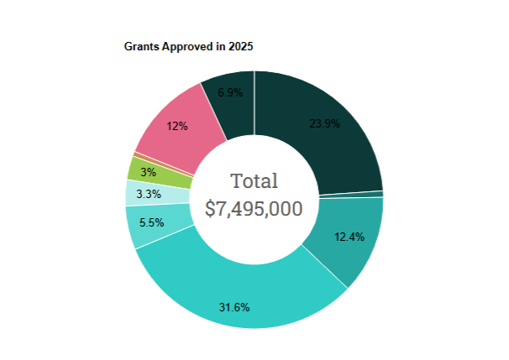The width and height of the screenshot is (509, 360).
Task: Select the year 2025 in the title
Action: [x=239, y=47]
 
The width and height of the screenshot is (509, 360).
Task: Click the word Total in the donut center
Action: [x=254, y=180]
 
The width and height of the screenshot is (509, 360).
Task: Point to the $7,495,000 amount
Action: [x=254, y=208]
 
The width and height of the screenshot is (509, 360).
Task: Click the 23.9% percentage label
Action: [x=325, y=123]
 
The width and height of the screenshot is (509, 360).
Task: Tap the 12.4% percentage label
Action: [x=349, y=237]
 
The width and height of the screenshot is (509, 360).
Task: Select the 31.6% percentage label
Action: [x=234, y=307]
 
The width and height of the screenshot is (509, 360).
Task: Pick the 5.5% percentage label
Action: [x=152, y=222]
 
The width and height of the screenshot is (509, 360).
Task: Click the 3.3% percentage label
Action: [x=150, y=194]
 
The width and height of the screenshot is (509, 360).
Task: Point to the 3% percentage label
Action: [x=147, y=172]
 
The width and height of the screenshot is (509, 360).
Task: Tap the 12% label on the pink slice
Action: [x=177, y=126]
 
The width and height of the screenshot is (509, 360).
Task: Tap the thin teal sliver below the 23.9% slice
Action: [x=353, y=195]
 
